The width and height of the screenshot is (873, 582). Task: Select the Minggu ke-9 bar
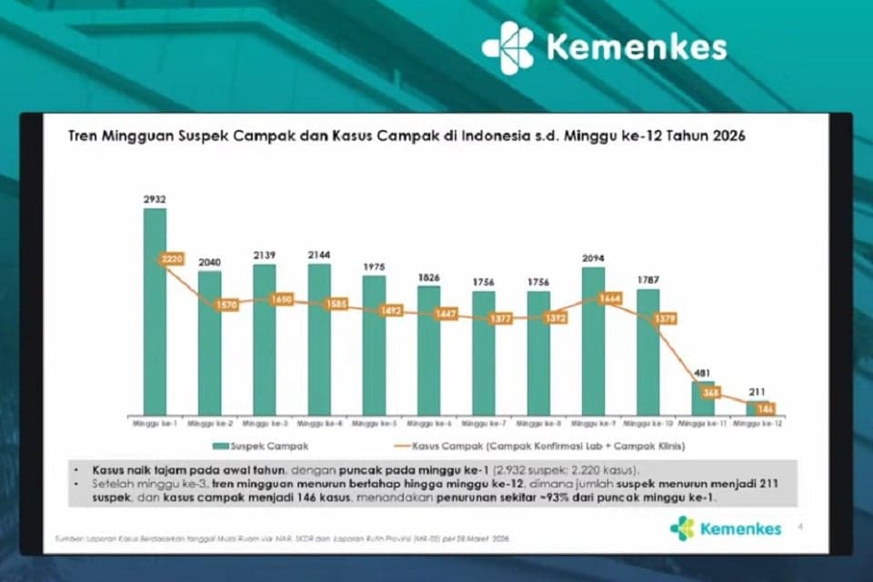tap(593, 341)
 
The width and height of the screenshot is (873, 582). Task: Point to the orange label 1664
tap(609, 297)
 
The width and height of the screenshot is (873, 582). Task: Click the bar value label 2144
tap(319, 256)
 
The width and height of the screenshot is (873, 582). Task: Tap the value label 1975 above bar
tap(374, 266)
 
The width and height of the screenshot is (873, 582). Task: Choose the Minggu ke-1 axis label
tap(155, 424)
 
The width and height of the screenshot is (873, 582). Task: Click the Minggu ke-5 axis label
tap(374, 424)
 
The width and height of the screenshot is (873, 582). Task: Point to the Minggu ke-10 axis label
tap(647, 424)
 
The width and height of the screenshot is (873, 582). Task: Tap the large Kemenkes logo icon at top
tap(507, 46)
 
